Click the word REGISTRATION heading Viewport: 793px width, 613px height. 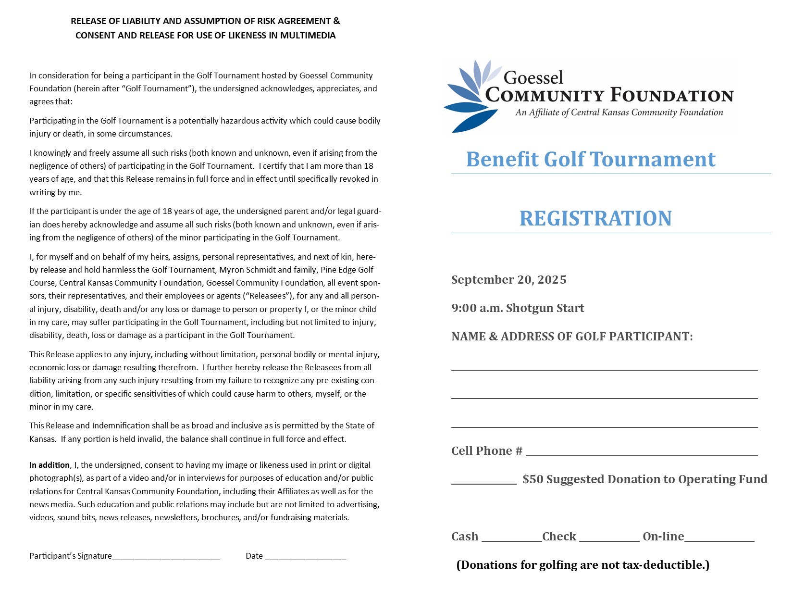tap(595, 218)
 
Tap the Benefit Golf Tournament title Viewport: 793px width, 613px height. tap(591, 160)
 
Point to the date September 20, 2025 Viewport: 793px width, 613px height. tap(508, 280)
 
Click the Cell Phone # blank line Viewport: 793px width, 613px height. tap(642, 453)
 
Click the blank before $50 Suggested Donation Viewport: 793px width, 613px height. tap(483, 482)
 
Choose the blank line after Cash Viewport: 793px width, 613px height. tap(511, 539)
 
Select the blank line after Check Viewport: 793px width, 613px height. tap(609, 539)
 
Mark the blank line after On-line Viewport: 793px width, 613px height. tap(719, 539)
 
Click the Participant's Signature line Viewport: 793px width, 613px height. tap(166, 558)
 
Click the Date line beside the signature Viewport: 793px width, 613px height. tap(305, 558)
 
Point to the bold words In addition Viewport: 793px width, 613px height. tap(50, 465)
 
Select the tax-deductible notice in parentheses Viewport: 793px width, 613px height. tap(582, 565)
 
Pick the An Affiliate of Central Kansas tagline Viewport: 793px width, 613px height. tap(619, 113)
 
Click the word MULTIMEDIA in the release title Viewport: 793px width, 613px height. tap(308, 36)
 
